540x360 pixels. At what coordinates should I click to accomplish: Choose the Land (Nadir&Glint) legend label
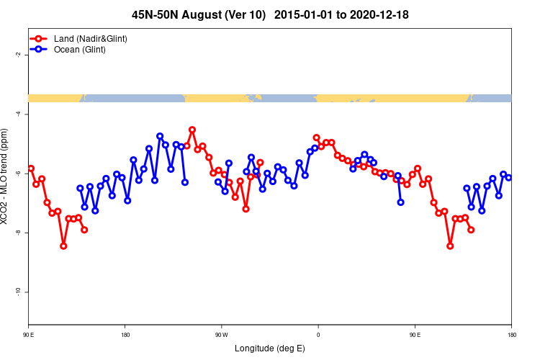[x=91, y=38]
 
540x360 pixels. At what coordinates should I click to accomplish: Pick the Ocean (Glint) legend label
[x=80, y=50]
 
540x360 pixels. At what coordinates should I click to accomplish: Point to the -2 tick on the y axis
[x=17, y=55]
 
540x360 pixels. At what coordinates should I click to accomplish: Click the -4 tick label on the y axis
[x=17, y=114]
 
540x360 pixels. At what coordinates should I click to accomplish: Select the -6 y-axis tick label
[x=17, y=174]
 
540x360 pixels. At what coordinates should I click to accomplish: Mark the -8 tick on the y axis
[x=17, y=233]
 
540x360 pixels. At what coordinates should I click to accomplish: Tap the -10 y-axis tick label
[x=17, y=292]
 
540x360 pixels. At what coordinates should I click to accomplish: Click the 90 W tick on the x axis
[x=221, y=335]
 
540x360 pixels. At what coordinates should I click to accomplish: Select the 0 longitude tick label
[x=318, y=335]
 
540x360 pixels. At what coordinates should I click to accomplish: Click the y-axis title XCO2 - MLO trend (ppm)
[x=6, y=176]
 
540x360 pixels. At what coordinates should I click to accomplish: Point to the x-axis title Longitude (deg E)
[x=270, y=349]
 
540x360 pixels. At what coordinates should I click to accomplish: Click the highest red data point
[x=192, y=130]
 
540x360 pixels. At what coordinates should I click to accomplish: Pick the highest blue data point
[x=160, y=136]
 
